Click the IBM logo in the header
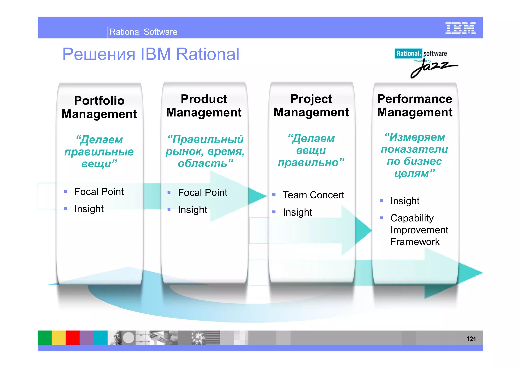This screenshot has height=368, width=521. (460, 28)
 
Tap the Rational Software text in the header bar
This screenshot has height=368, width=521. (143, 32)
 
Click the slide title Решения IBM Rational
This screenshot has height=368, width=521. (151, 54)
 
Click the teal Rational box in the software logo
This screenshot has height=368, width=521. (408, 53)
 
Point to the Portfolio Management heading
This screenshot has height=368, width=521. (99, 107)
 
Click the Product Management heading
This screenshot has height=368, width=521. (204, 105)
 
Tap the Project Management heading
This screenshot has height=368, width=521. (311, 105)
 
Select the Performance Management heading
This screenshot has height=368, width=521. (415, 105)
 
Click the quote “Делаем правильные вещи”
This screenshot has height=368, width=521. (99, 152)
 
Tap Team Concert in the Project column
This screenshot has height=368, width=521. (313, 195)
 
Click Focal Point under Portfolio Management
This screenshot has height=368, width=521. (99, 192)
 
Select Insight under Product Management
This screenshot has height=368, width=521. (193, 210)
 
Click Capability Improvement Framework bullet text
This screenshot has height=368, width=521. (419, 230)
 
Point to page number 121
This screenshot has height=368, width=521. (471, 339)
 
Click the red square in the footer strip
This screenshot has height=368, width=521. (73, 338)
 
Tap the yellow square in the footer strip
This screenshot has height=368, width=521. (59, 338)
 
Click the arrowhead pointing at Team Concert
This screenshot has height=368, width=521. (257, 196)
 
